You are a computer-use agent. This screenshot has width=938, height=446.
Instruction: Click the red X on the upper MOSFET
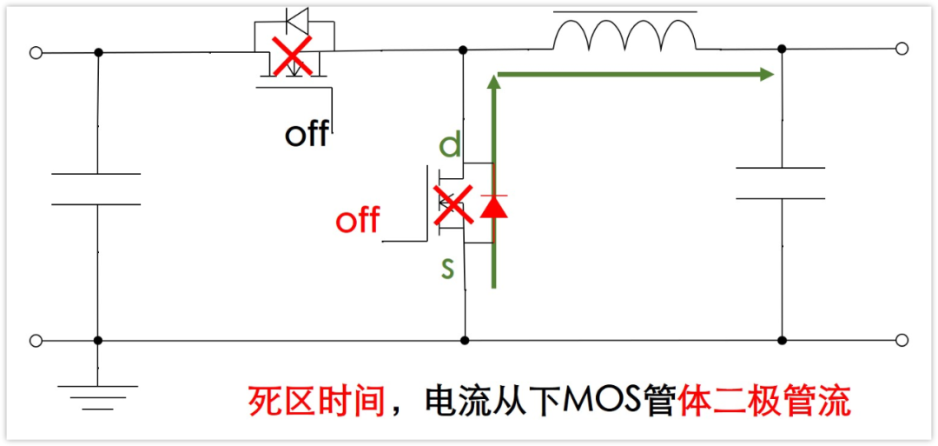pos(294,58)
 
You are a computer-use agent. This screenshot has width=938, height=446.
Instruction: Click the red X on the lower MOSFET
pos(450,207)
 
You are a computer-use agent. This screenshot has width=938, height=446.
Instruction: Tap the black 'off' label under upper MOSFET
pos(307,134)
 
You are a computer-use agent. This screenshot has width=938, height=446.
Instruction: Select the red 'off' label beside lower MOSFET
pos(357,221)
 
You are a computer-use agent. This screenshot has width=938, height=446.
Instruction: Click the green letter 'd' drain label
pos(450,144)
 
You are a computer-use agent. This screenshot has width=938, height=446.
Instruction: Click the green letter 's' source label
pos(447,269)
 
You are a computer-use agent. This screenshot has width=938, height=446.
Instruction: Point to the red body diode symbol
pos(493,206)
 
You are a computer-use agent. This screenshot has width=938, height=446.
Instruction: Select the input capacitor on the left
pos(96,189)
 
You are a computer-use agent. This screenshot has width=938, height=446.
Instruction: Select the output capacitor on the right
pos(781,183)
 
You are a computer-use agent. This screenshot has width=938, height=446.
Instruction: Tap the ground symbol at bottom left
pos(97,396)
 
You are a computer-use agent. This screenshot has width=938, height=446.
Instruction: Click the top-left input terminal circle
pos(36,53)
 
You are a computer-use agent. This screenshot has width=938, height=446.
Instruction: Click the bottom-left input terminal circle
pos(36,340)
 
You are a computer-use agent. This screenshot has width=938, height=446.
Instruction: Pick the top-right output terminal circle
pos(902,50)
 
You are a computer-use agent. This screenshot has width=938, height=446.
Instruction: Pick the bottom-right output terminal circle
pos(902,340)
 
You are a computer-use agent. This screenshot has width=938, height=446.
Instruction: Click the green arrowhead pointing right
pos(765,75)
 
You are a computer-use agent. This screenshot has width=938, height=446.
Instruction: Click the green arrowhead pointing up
pos(494,82)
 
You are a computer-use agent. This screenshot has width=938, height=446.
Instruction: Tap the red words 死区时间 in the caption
pos(315,402)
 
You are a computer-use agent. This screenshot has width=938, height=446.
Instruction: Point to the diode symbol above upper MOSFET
pos(293,18)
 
